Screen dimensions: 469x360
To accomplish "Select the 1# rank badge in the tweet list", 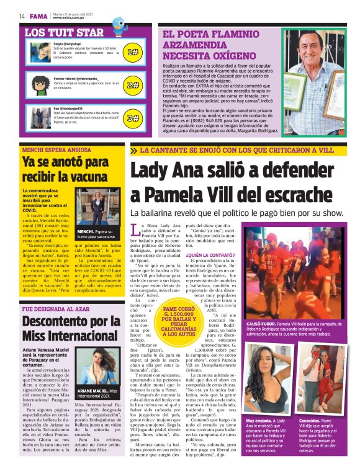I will (132, 53).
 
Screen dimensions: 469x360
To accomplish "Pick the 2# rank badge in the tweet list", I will (132, 85).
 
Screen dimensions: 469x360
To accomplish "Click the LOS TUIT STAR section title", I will (64, 32).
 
